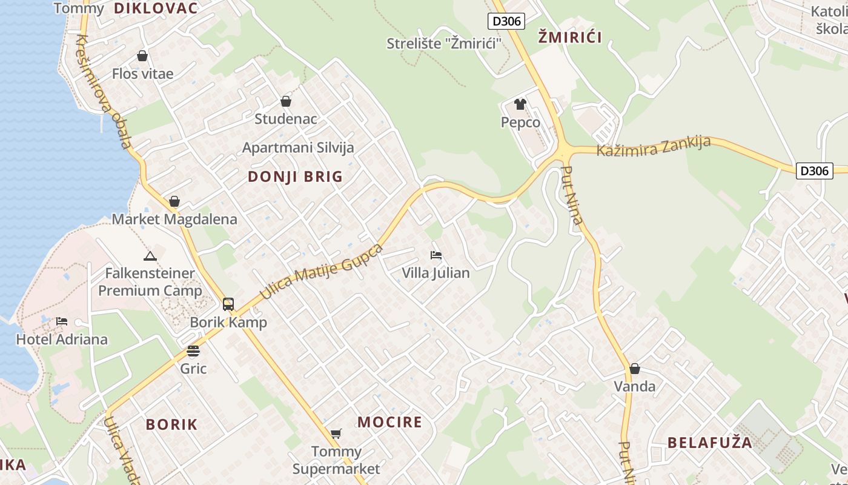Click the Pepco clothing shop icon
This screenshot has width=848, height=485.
pos(520,104)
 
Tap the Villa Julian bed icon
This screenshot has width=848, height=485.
pos(436,255)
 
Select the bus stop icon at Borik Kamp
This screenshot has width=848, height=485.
pos(228,304)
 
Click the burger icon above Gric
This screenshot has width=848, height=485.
pos(193,351)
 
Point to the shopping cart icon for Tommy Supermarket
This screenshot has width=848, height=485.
pos(336,433)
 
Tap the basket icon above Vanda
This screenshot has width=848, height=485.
pos(635,369)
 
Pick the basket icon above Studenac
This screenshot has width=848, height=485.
pos(286,101)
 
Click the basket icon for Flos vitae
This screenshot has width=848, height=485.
pos(142,56)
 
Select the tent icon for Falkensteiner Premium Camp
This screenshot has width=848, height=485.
pos(150,256)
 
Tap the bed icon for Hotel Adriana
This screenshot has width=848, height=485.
pos(62,321)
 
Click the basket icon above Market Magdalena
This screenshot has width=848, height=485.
pos(174,201)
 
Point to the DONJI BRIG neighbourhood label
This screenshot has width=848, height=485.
pos(296,177)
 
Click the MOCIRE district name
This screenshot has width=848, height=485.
pos(389,423)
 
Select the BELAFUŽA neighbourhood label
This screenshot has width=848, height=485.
pos(710,443)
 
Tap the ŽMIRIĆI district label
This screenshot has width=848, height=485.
pos(570,38)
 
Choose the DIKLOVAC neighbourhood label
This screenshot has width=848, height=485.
pos(156,8)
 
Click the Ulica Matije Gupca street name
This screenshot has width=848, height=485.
pos(322,272)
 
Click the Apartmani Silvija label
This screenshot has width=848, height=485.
pos(298,148)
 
